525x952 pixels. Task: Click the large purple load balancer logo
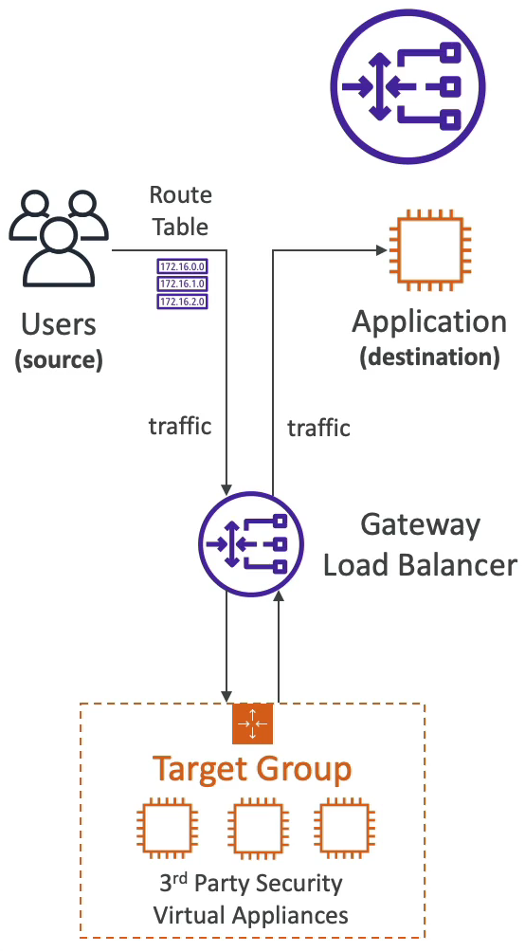[407, 86]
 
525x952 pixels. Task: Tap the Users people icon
[59, 238]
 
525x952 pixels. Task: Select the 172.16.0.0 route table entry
[183, 265]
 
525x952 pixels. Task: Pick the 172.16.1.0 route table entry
[183, 284]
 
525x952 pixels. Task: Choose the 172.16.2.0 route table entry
[183, 302]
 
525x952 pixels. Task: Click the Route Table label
[180, 211]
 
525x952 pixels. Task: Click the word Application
[429, 322]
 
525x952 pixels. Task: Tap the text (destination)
[429, 357]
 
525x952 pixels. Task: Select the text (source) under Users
[58, 359]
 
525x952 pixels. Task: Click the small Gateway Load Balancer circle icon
[251, 543]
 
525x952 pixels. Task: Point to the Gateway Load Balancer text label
[420, 544]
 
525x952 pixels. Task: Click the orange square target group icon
[252, 723]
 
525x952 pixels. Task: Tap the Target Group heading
[252, 769]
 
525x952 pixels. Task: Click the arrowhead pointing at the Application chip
[382, 249]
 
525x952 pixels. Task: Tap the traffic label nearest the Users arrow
[180, 426]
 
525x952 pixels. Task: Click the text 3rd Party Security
[251, 884]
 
